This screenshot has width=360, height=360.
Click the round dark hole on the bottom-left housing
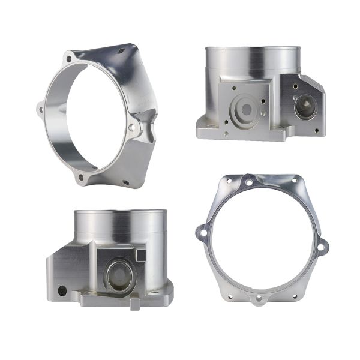click(62, 290)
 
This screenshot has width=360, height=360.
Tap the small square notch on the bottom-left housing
click(141, 254)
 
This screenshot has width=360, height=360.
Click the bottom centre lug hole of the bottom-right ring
click(259, 298)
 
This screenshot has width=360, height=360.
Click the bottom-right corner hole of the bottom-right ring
click(295, 295)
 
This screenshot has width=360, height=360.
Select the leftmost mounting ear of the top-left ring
click(40, 109)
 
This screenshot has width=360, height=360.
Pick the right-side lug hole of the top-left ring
click(133, 127)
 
